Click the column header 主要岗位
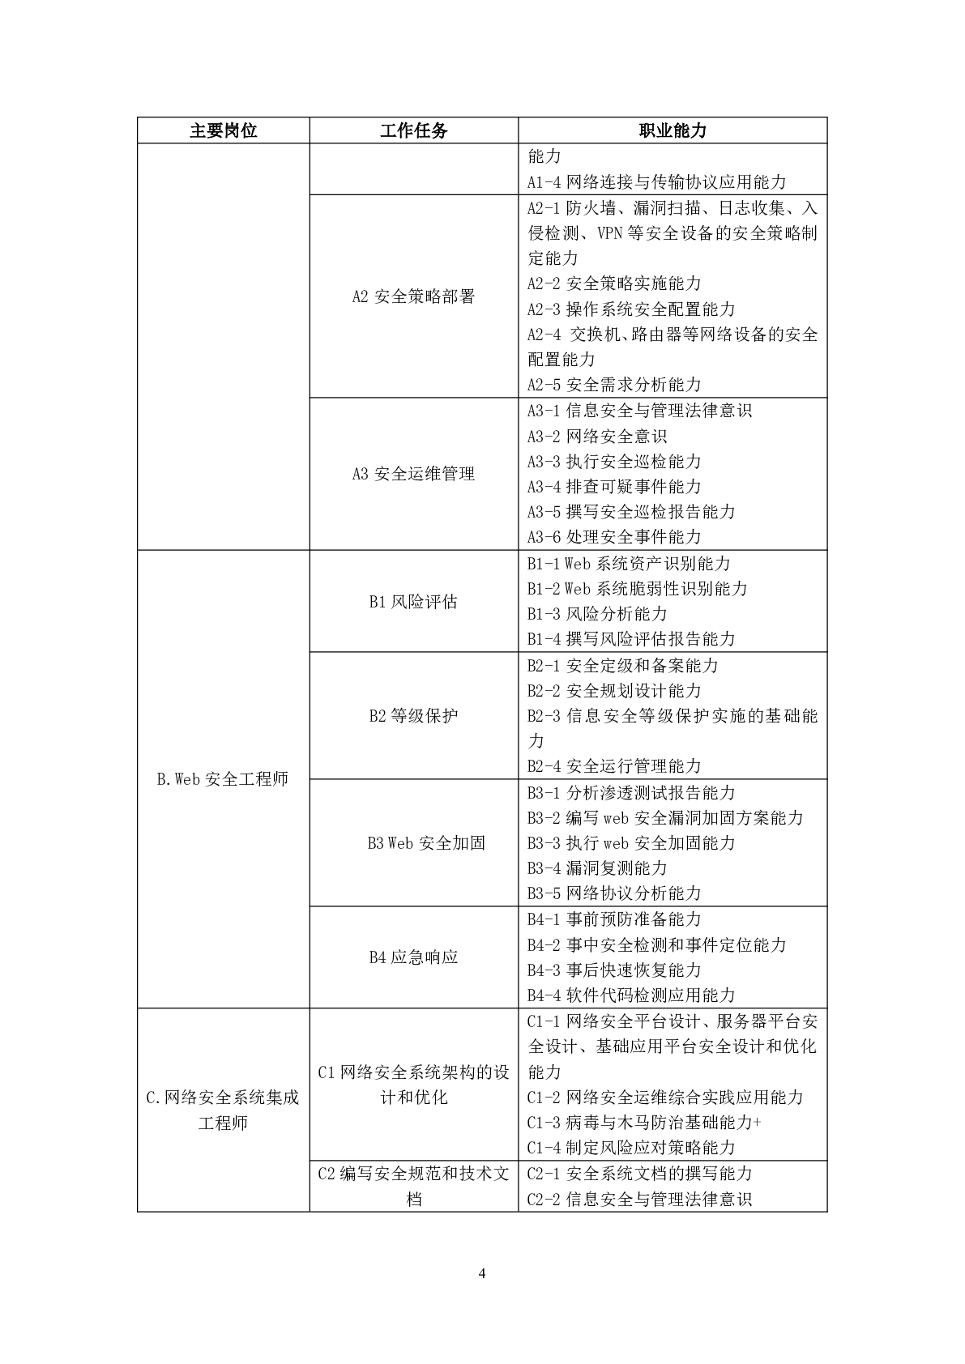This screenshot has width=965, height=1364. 223,130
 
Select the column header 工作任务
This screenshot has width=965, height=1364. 413,130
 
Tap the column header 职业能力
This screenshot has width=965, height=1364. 672,130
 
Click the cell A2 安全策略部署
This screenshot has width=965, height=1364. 413,296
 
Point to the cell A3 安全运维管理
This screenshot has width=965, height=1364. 413,474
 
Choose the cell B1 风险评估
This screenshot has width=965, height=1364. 413,602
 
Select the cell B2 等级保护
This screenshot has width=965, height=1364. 413,716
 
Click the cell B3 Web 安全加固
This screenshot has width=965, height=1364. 425,843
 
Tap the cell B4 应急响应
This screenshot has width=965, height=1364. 413,957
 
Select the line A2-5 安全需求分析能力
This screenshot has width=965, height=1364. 614,385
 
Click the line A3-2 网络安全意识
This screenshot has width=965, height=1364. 597,437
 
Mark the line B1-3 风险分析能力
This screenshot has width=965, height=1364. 597,614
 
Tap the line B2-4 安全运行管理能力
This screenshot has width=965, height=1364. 614,766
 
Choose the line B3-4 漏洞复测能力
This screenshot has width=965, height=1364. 597,868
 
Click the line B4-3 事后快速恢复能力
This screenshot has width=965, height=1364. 614,970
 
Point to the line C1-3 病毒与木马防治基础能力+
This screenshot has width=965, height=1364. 644,1123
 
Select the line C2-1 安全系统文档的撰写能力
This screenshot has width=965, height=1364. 639,1174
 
